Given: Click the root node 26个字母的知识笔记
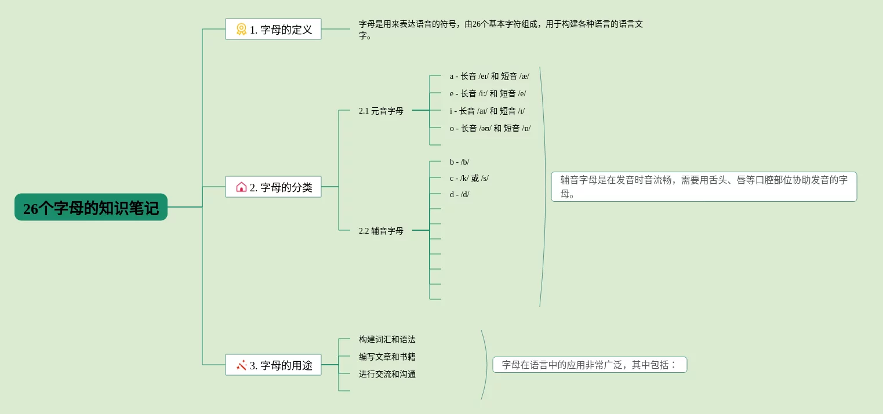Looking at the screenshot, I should (x=91, y=208).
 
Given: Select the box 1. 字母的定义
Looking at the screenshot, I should (x=273, y=30).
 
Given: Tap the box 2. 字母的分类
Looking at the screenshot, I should (x=273, y=187).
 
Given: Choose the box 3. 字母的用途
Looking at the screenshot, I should (x=273, y=365).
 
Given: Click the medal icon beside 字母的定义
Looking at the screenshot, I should (x=241, y=30).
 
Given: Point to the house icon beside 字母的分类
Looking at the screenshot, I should (x=241, y=187).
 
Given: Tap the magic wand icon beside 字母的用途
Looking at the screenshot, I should (x=241, y=365).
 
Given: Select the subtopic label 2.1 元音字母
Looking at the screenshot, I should (x=381, y=111).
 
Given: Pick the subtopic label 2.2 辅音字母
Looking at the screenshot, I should (x=381, y=231).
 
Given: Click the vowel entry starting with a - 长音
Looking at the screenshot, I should (x=489, y=76).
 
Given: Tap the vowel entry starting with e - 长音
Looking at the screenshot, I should (x=488, y=93).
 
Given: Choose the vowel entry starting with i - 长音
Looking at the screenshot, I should (x=487, y=111).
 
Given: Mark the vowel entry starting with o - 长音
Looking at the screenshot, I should (x=490, y=128).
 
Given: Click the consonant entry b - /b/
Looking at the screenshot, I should (x=459, y=162).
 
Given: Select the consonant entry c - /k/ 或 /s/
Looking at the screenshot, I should (x=469, y=178).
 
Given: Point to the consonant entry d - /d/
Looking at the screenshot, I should (x=459, y=194).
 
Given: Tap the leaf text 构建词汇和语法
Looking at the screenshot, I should (x=387, y=339).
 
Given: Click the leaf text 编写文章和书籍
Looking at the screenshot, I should (x=387, y=357).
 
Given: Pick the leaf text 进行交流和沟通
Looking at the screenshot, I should (x=387, y=374).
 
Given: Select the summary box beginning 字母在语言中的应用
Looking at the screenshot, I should (x=589, y=365).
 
